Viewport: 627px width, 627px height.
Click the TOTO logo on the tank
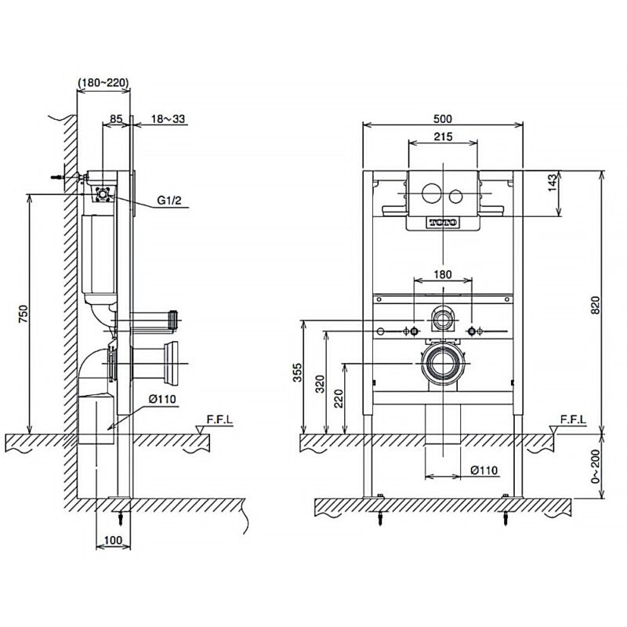point(443,223)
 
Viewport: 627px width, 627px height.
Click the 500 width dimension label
point(443,119)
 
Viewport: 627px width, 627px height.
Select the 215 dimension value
point(443,136)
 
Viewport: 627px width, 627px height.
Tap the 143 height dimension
point(553,183)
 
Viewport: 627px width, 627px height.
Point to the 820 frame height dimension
point(596,305)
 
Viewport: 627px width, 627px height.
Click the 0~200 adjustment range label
point(596,466)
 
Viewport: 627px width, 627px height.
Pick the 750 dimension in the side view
point(24,314)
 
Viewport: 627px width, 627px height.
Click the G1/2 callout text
point(169,200)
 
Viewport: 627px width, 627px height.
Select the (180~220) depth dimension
point(103,83)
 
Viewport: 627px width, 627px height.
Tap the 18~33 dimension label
point(168,119)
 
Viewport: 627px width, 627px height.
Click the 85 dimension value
point(116,119)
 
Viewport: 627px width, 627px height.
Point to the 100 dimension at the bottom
point(113,541)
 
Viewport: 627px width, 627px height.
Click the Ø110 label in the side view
point(162,399)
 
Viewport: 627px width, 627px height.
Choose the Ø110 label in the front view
point(484,470)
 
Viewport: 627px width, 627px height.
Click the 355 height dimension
point(298,372)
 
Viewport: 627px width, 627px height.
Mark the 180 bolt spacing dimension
point(443,275)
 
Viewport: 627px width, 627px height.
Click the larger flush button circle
point(431,193)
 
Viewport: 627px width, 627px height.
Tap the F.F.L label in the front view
point(573,419)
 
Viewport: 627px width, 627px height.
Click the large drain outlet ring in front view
point(443,364)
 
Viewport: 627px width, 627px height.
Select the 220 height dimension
point(339,399)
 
